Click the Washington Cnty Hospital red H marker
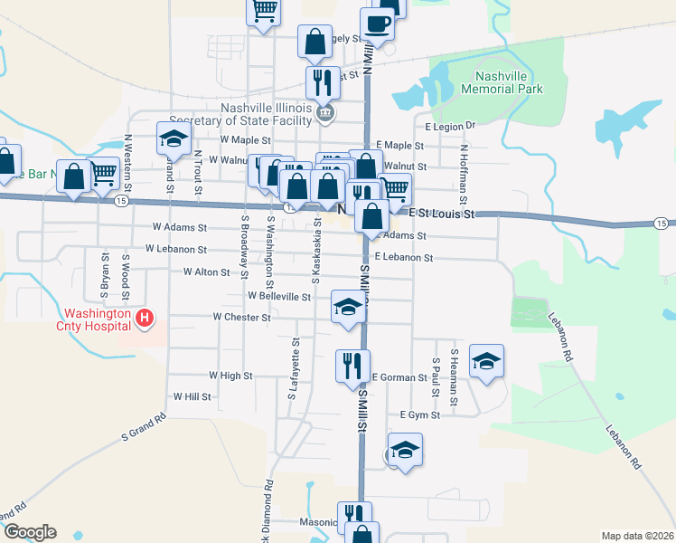click(145, 319)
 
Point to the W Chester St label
click(241, 318)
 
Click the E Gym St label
click(420, 415)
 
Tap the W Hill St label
click(192, 396)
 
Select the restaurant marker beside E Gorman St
click(351, 366)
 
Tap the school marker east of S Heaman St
click(487, 361)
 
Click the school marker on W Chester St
click(348, 306)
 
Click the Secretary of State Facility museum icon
click(326, 113)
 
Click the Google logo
click(29, 532)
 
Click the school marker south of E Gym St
click(404, 450)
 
